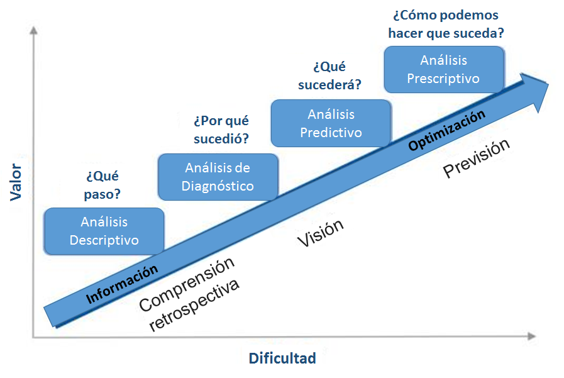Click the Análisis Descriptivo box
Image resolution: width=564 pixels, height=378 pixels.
click(104, 231)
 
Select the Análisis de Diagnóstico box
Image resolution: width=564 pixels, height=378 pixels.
click(218, 177)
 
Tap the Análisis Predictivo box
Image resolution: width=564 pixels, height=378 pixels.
click(331, 123)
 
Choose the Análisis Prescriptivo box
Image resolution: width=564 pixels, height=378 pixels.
click(443, 69)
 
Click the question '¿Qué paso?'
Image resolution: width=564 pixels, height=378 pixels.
click(102, 185)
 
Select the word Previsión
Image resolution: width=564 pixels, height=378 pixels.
click(475, 158)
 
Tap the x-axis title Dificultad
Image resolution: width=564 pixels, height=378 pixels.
click(282, 359)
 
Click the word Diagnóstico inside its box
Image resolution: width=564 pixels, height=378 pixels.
click(218, 186)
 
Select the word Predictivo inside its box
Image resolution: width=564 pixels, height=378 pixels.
click(331, 133)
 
